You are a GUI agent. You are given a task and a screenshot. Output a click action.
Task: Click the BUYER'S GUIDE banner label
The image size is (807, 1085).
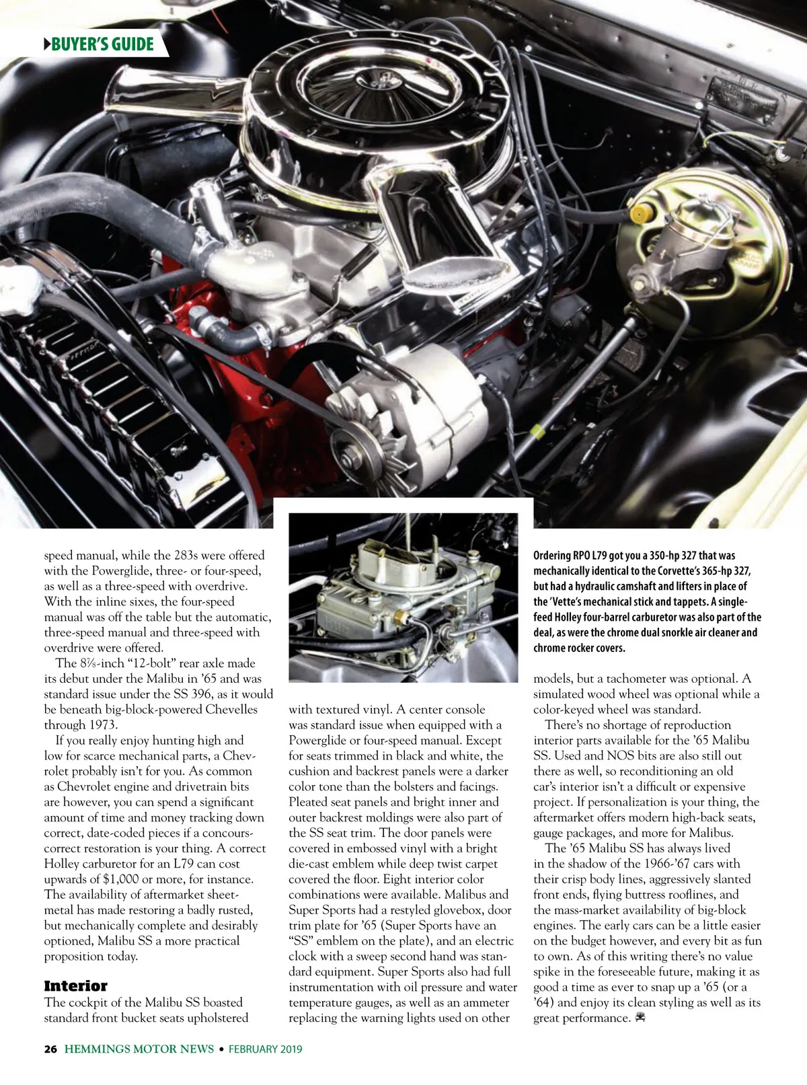[x=102, y=44]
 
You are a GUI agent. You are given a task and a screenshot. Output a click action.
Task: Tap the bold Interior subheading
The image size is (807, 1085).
[x=75, y=986]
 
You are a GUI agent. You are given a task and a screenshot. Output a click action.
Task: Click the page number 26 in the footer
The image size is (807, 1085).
[x=50, y=1049]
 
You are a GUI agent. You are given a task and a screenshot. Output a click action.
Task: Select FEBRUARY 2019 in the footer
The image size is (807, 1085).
[x=265, y=1049]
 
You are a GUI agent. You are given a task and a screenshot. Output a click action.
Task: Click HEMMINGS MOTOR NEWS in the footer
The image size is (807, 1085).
[x=139, y=1049]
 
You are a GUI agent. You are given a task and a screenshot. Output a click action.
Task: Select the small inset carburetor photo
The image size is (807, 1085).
[x=403, y=598]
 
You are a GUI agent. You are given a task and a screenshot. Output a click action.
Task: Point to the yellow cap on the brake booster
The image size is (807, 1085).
[x=639, y=214]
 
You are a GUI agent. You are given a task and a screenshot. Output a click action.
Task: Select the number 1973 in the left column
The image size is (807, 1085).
[x=102, y=725]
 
